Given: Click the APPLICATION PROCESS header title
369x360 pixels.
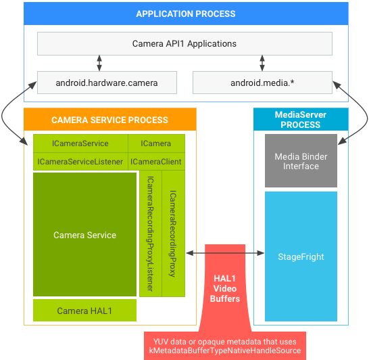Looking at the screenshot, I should point(186,14).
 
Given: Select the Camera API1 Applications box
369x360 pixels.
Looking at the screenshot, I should point(184,44).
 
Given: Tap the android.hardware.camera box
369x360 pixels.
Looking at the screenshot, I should point(107,83).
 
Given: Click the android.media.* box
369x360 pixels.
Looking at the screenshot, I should point(262,83).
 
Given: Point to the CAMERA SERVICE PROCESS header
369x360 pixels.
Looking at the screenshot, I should point(109,120).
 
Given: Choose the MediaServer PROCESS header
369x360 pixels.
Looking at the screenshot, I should point(300,120).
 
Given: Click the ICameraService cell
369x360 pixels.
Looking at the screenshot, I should point(80,143).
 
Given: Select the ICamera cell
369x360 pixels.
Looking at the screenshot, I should point(155,143).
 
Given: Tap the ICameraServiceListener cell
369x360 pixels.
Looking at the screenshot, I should point(80,162).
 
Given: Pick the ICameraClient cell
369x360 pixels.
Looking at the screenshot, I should point(155,162).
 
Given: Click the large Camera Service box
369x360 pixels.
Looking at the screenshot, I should point(84,235).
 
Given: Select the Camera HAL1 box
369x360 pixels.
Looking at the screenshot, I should point(84,311).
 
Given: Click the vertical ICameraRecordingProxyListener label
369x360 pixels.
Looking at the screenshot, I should point(150,233).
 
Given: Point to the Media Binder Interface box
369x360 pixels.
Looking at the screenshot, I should point(301,161).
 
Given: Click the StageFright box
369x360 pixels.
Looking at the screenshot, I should point(301,257).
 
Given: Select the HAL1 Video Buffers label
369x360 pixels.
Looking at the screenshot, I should point(225,288).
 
